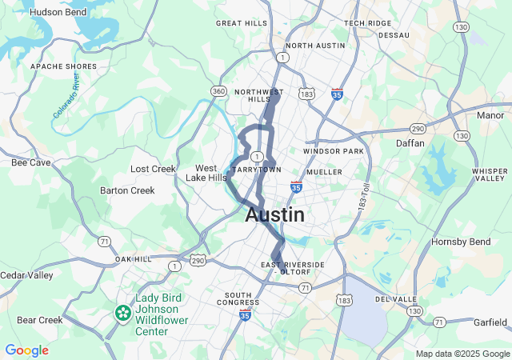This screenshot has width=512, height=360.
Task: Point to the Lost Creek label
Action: [153, 169]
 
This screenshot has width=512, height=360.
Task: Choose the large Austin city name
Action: [274, 214]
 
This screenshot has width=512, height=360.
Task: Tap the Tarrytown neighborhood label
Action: [257, 170]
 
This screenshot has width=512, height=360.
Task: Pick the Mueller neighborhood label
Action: [325, 171]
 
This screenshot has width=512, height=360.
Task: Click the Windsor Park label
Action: [334, 150]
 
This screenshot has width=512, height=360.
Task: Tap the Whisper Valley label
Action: [490, 174]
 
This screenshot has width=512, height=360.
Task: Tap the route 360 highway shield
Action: [218, 92]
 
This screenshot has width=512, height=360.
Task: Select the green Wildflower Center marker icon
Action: [122, 312]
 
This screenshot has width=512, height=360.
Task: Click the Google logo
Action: [26, 350]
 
